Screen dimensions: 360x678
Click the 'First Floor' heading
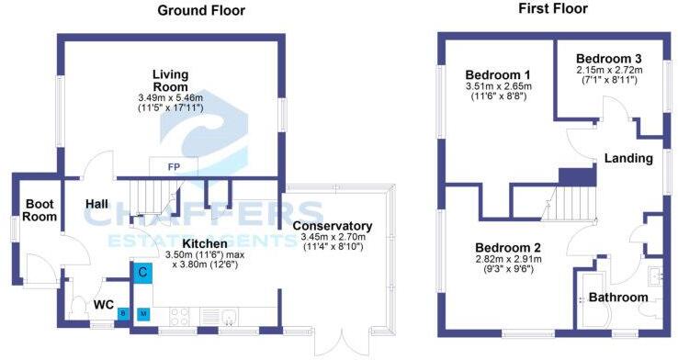tap(553, 9)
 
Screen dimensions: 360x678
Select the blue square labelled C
tap(142, 272)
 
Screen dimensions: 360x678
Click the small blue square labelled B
tap(122, 313)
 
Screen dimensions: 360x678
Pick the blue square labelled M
tap(142, 313)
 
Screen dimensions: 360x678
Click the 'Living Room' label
tap(170, 80)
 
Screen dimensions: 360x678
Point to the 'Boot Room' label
tap(40, 210)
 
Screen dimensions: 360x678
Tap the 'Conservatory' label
tap(332, 226)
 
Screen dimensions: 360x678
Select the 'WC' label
tap(103, 303)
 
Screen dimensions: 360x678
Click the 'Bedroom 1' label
tap(497, 75)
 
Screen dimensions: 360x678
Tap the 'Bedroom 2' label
tap(507, 248)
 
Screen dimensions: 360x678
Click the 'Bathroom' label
tap(618, 298)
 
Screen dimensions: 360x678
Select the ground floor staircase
tap(148, 195)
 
